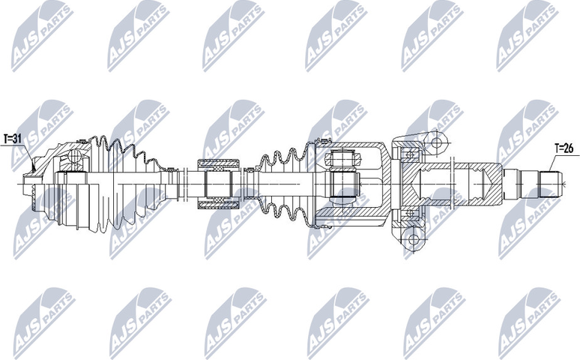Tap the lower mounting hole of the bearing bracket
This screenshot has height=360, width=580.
pyautogui.click(x=410, y=240)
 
